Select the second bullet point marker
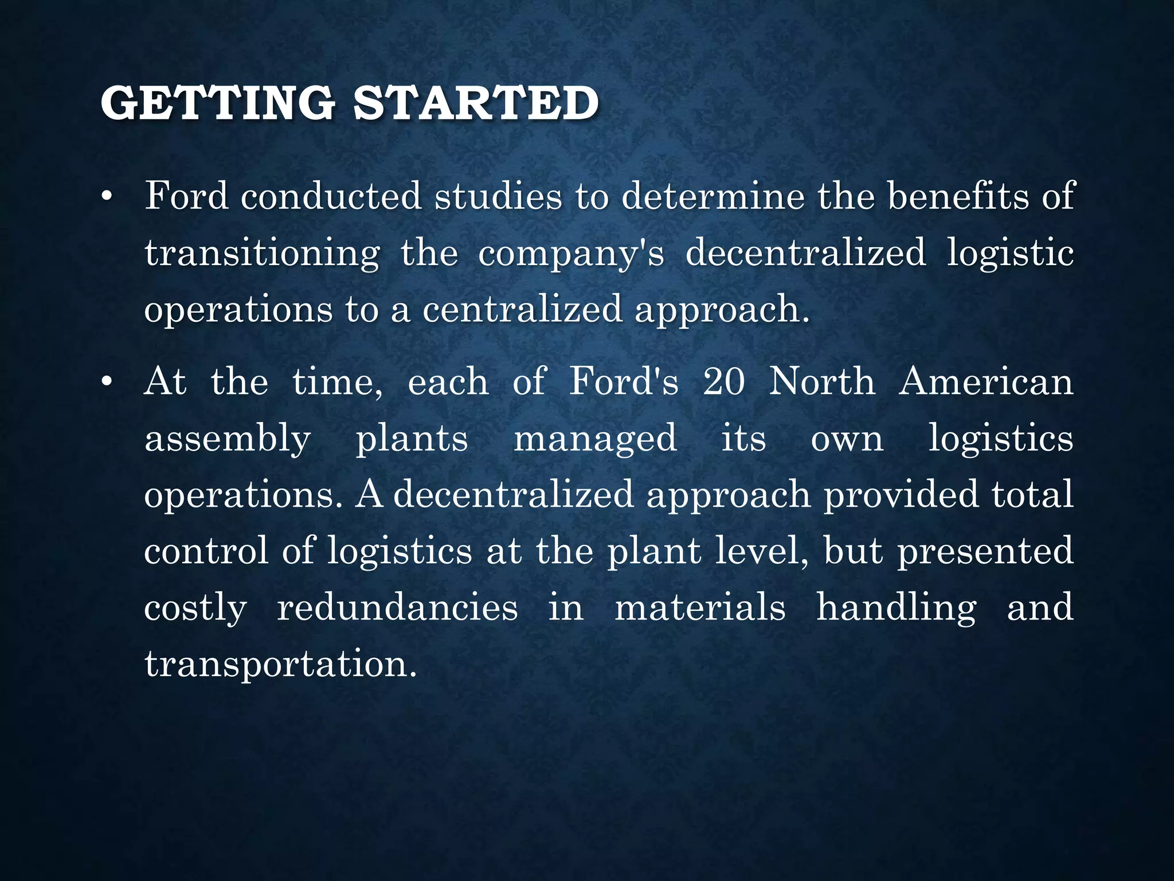click(x=105, y=383)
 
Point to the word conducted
click(x=331, y=197)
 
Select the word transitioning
click(x=262, y=254)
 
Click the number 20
click(x=724, y=382)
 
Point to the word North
click(x=821, y=382)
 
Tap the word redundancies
click(x=397, y=608)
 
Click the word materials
click(x=700, y=608)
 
